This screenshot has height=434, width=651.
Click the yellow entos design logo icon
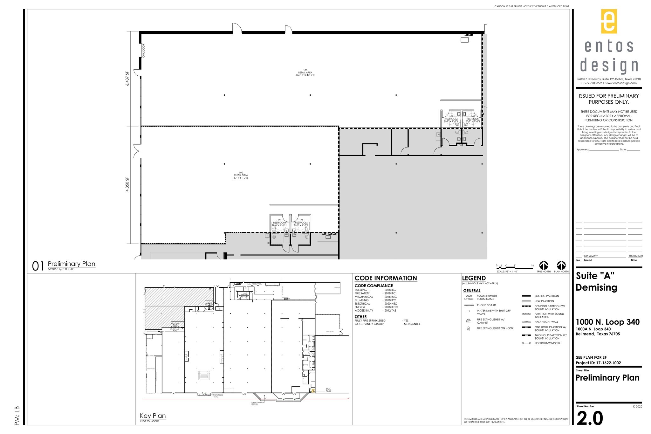[609, 21]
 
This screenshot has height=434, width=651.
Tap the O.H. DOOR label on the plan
[144, 51]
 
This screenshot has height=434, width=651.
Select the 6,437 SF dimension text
[127, 79]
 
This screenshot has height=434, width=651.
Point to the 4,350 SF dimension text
[127, 185]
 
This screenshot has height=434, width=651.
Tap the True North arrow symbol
[544, 265]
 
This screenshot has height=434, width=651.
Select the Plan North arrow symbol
[561, 265]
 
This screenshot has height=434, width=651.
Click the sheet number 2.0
[590, 418]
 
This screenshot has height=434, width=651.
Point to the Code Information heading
[386, 278]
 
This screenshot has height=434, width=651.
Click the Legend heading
[474, 278]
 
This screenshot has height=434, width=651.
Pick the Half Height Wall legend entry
[546, 322]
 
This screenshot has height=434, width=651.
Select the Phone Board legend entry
[486, 305]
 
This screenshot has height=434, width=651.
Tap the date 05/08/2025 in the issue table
[636, 256]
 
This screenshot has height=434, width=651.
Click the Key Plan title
[153, 416]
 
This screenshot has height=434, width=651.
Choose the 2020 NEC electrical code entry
[390, 304]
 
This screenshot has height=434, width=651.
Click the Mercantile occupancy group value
[412, 324]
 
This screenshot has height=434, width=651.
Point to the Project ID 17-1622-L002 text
[598, 363]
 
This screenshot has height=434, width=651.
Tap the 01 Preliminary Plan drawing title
[71, 264]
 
